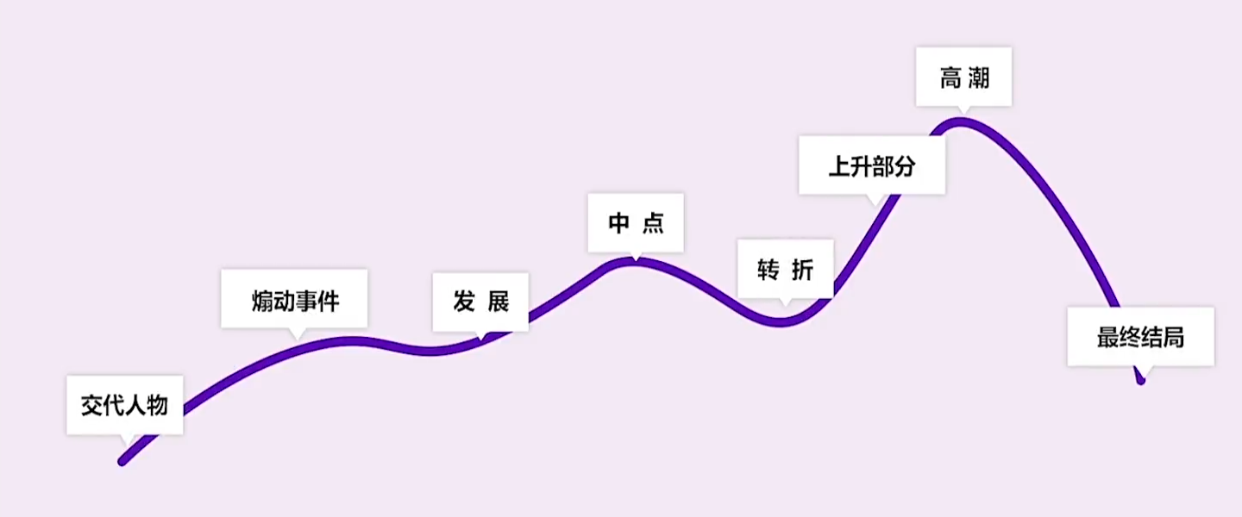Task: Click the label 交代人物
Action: pos(124,404)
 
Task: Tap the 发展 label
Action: pos(480,302)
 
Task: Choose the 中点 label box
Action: pos(635,222)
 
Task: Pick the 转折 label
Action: pos(785,269)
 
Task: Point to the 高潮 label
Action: pos(963,77)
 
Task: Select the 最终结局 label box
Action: pos(1140,336)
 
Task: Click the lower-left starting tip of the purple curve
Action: pos(122,462)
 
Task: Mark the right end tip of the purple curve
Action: pos(1141,379)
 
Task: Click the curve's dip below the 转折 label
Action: pos(781,322)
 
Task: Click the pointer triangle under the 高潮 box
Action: pos(963,110)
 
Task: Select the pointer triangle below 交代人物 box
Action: pos(129,439)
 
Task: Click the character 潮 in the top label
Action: pos(978,78)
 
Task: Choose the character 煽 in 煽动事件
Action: pos(262,301)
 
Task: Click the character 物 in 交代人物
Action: pos(157,404)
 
